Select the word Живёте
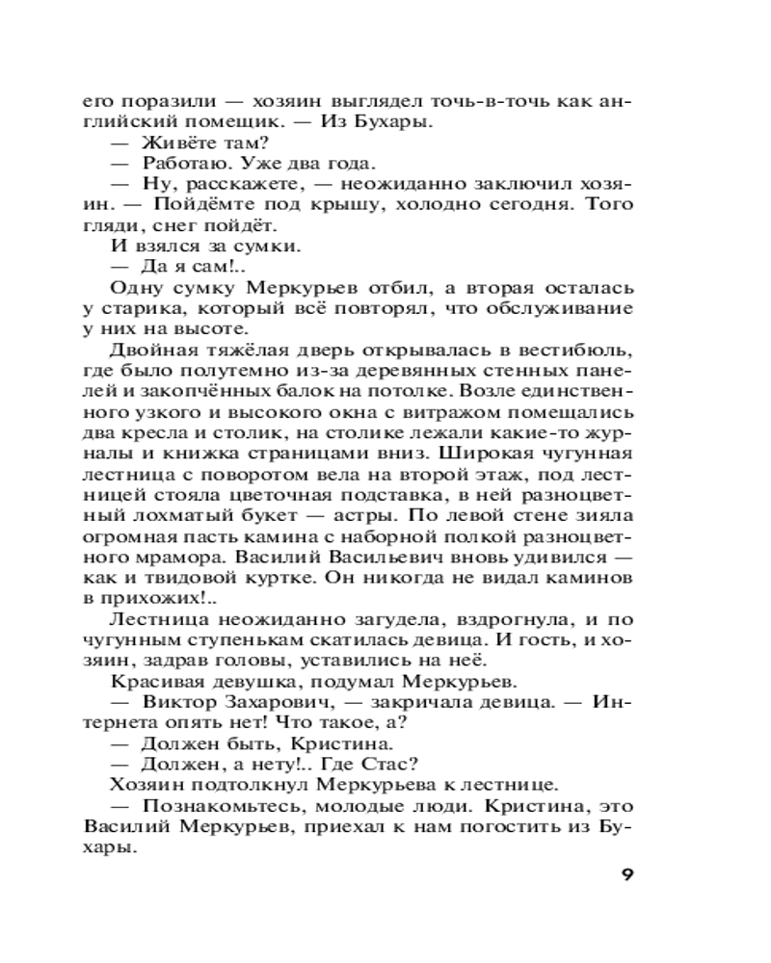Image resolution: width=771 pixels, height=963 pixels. pos(178,143)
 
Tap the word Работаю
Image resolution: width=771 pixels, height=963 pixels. pos(182,164)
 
